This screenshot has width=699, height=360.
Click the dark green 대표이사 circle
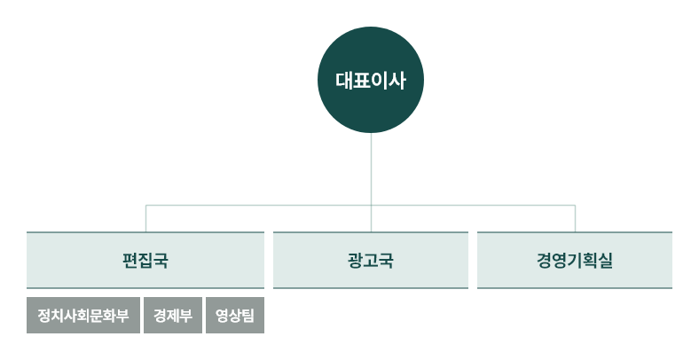point(371,80)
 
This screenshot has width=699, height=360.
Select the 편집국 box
point(145,260)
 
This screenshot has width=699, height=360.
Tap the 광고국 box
point(371,260)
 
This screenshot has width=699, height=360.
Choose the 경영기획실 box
point(575,260)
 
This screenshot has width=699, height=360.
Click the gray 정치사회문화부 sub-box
point(83,316)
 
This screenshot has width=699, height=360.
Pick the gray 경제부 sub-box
point(173,316)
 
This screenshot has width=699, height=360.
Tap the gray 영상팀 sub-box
point(235,316)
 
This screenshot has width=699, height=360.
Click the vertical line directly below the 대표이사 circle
point(371,183)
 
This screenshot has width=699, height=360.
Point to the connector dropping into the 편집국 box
point(145,219)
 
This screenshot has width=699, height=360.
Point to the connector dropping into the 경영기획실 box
point(575,219)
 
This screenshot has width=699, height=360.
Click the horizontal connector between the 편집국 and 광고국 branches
point(258,206)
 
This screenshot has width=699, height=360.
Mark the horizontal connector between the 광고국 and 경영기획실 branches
point(473,206)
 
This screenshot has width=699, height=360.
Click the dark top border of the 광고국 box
point(371,232)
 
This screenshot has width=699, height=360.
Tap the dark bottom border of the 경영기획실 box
point(575,288)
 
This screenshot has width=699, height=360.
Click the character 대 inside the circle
point(344,81)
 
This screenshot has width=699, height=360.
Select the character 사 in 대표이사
point(397,81)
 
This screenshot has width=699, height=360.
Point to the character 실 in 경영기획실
point(604,261)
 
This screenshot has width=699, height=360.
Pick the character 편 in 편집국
point(130,261)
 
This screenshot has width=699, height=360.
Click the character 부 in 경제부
point(186,316)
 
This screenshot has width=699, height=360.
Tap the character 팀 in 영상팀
point(247,316)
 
